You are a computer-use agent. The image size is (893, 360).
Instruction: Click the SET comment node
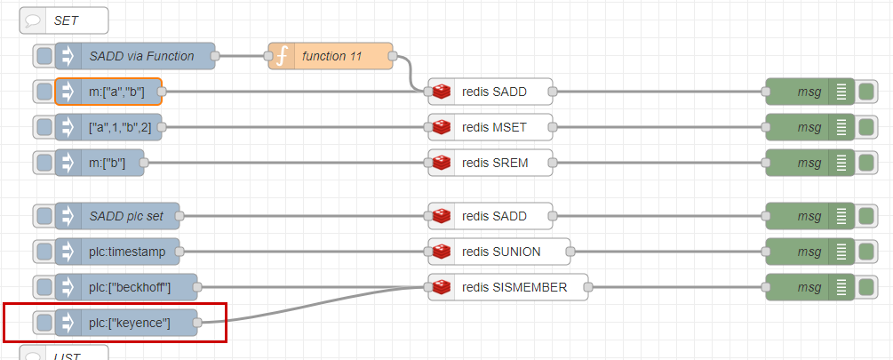pyautogui.click(x=64, y=20)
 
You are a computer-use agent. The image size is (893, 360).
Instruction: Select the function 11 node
pyautogui.click(x=331, y=56)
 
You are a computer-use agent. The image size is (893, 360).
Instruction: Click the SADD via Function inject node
pyautogui.click(x=135, y=56)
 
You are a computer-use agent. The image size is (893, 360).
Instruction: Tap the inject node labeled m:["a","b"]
pyautogui.click(x=108, y=92)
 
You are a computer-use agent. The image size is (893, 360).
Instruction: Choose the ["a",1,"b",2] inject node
pyautogui.click(x=108, y=127)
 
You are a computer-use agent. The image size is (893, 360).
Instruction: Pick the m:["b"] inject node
pyautogui.click(x=100, y=163)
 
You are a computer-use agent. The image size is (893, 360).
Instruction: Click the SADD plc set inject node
pyautogui.click(x=117, y=216)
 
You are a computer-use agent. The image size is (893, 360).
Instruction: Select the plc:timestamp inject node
pyautogui.click(x=117, y=252)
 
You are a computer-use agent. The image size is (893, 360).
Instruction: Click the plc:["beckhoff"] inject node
pyautogui.click(x=126, y=287)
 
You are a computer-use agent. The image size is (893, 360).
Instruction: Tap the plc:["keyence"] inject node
pyautogui.click(x=126, y=323)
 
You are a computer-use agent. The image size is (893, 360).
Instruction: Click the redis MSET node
pyautogui.click(x=490, y=127)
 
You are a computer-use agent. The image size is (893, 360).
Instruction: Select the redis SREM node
pyautogui.click(x=490, y=163)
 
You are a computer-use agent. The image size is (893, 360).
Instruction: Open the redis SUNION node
pyautogui.click(x=499, y=252)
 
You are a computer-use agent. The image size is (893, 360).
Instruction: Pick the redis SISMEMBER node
pyautogui.click(x=508, y=287)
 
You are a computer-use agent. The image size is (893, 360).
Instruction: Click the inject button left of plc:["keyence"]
pyautogui.click(x=44, y=323)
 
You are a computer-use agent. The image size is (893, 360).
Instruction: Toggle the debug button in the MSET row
pyautogui.click(x=866, y=127)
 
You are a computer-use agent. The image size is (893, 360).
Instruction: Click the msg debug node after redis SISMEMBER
pyautogui.click(x=810, y=287)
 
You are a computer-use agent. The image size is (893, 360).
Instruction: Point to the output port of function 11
pyautogui.click(x=393, y=56)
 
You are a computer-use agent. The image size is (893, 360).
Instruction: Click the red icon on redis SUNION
pyautogui.click(x=442, y=252)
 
